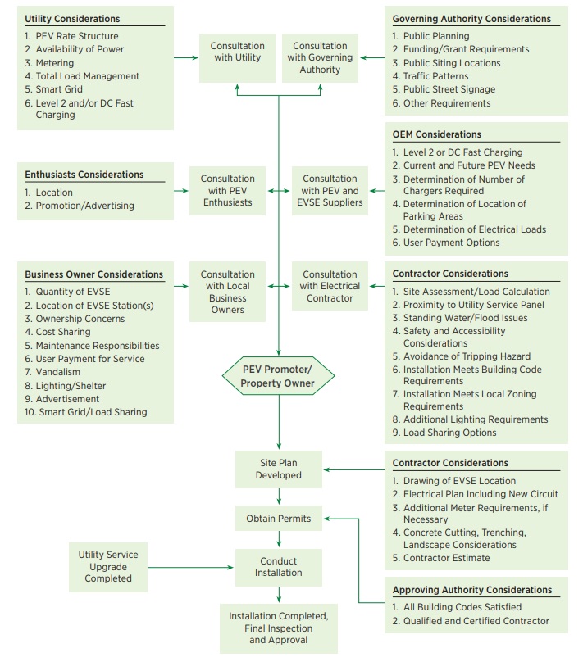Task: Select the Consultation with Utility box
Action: tap(237, 57)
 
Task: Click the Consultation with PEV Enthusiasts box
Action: tap(227, 190)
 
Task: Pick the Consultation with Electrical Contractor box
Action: tap(330, 286)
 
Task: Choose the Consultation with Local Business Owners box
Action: tap(227, 292)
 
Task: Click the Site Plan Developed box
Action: tap(279, 469)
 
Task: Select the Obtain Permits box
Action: tap(279, 519)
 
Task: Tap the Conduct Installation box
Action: tap(279, 567)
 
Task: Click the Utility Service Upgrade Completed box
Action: tap(108, 566)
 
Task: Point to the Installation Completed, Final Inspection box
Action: tap(279, 628)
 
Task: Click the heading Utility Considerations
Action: tap(72, 19)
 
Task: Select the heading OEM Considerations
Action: tap(436, 134)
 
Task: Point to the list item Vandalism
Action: tap(62, 372)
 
